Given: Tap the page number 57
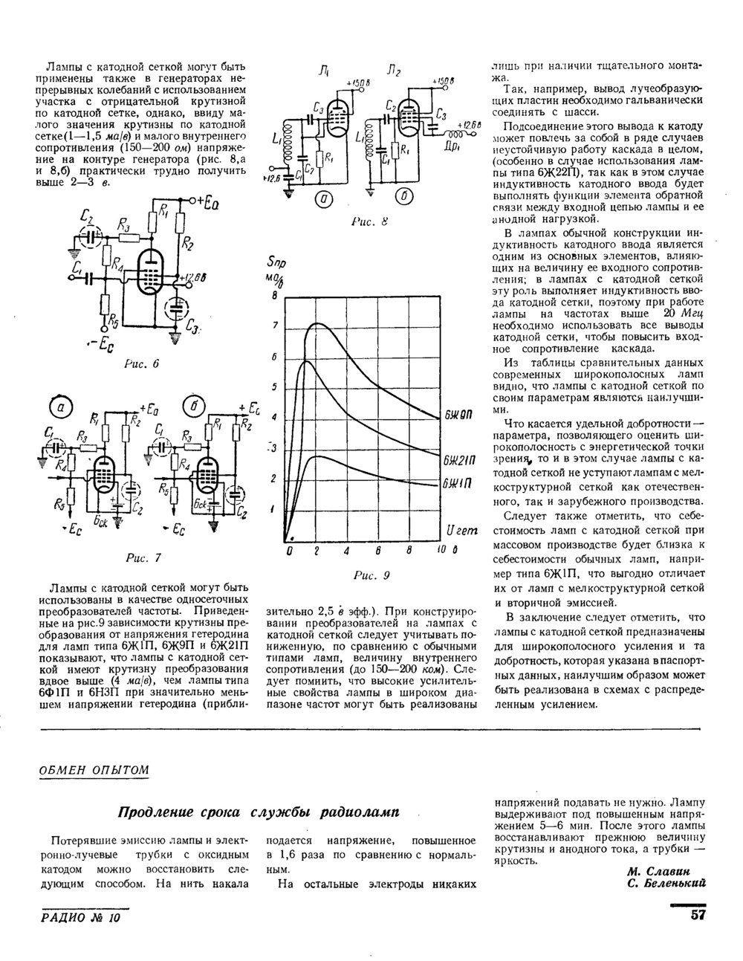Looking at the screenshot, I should pyautogui.click(x=697, y=916).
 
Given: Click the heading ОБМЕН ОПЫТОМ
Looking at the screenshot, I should pyautogui.click(x=94, y=770).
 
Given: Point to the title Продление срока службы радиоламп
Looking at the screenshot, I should pyautogui.click(x=259, y=812).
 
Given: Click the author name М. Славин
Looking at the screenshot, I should pyautogui.click(x=660, y=871).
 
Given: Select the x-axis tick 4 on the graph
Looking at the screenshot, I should pyautogui.click(x=347, y=553).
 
